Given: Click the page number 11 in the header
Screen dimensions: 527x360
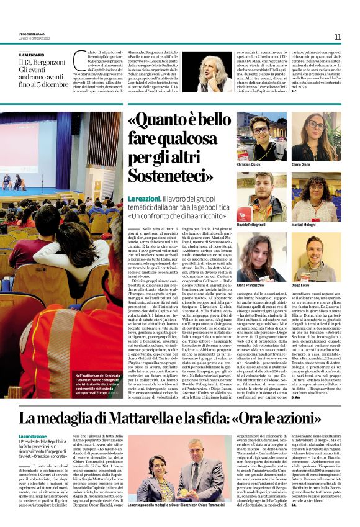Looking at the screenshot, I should coord(338,37).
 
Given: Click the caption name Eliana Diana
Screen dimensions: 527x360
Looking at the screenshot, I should coord(317,164).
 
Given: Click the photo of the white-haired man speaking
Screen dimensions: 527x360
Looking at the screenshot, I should coord(207,71).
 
